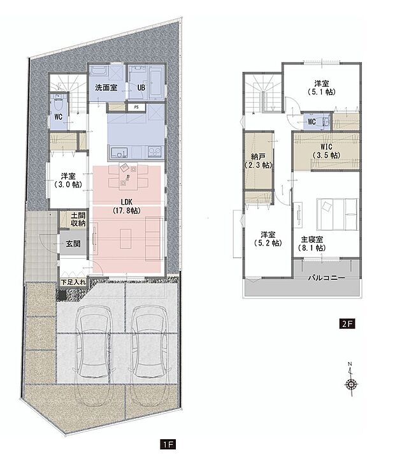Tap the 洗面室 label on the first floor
[x=106, y=87]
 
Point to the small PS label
[x=136, y=108]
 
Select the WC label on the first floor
[x=57, y=117]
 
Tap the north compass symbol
[x=350, y=384]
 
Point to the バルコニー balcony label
[x=326, y=279]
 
